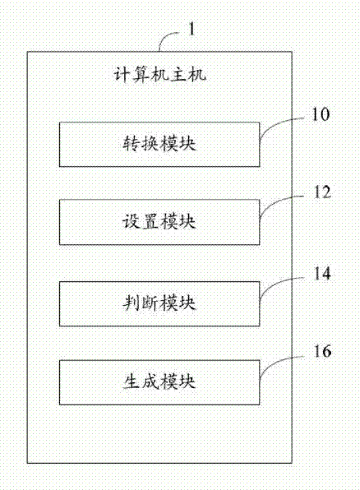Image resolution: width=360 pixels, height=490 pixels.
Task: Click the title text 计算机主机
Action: [x=159, y=75]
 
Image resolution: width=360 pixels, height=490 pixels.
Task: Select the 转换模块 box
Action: [x=159, y=145]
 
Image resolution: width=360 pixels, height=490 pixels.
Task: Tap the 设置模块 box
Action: [x=159, y=222]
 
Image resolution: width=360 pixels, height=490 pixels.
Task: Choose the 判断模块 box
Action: [x=159, y=303]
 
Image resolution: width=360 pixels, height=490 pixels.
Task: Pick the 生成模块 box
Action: [x=159, y=382]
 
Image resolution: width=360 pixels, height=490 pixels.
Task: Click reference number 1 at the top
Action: [x=192, y=30]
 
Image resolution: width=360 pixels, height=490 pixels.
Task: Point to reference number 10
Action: [x=321, y=114]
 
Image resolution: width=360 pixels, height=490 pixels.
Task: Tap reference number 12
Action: [x=322, y=192]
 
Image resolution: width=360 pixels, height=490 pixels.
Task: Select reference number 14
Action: [x=322, y=273]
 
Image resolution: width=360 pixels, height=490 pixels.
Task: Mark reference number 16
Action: [x=322, y=351]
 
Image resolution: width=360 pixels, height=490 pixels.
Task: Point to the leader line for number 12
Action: [x=275, y=201]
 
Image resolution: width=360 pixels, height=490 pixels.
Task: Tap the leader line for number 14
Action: [x=275, y=282]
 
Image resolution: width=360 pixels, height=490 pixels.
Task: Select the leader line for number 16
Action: [x=275, y=361]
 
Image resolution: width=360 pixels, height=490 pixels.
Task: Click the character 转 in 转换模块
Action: [x=131, y=145]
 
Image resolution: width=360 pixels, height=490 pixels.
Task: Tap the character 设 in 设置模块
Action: [x=131, y=222]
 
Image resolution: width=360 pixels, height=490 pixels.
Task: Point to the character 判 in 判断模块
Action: [x=131, y=303]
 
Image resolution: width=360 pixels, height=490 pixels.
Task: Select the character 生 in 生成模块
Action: [x=131, y=382]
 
